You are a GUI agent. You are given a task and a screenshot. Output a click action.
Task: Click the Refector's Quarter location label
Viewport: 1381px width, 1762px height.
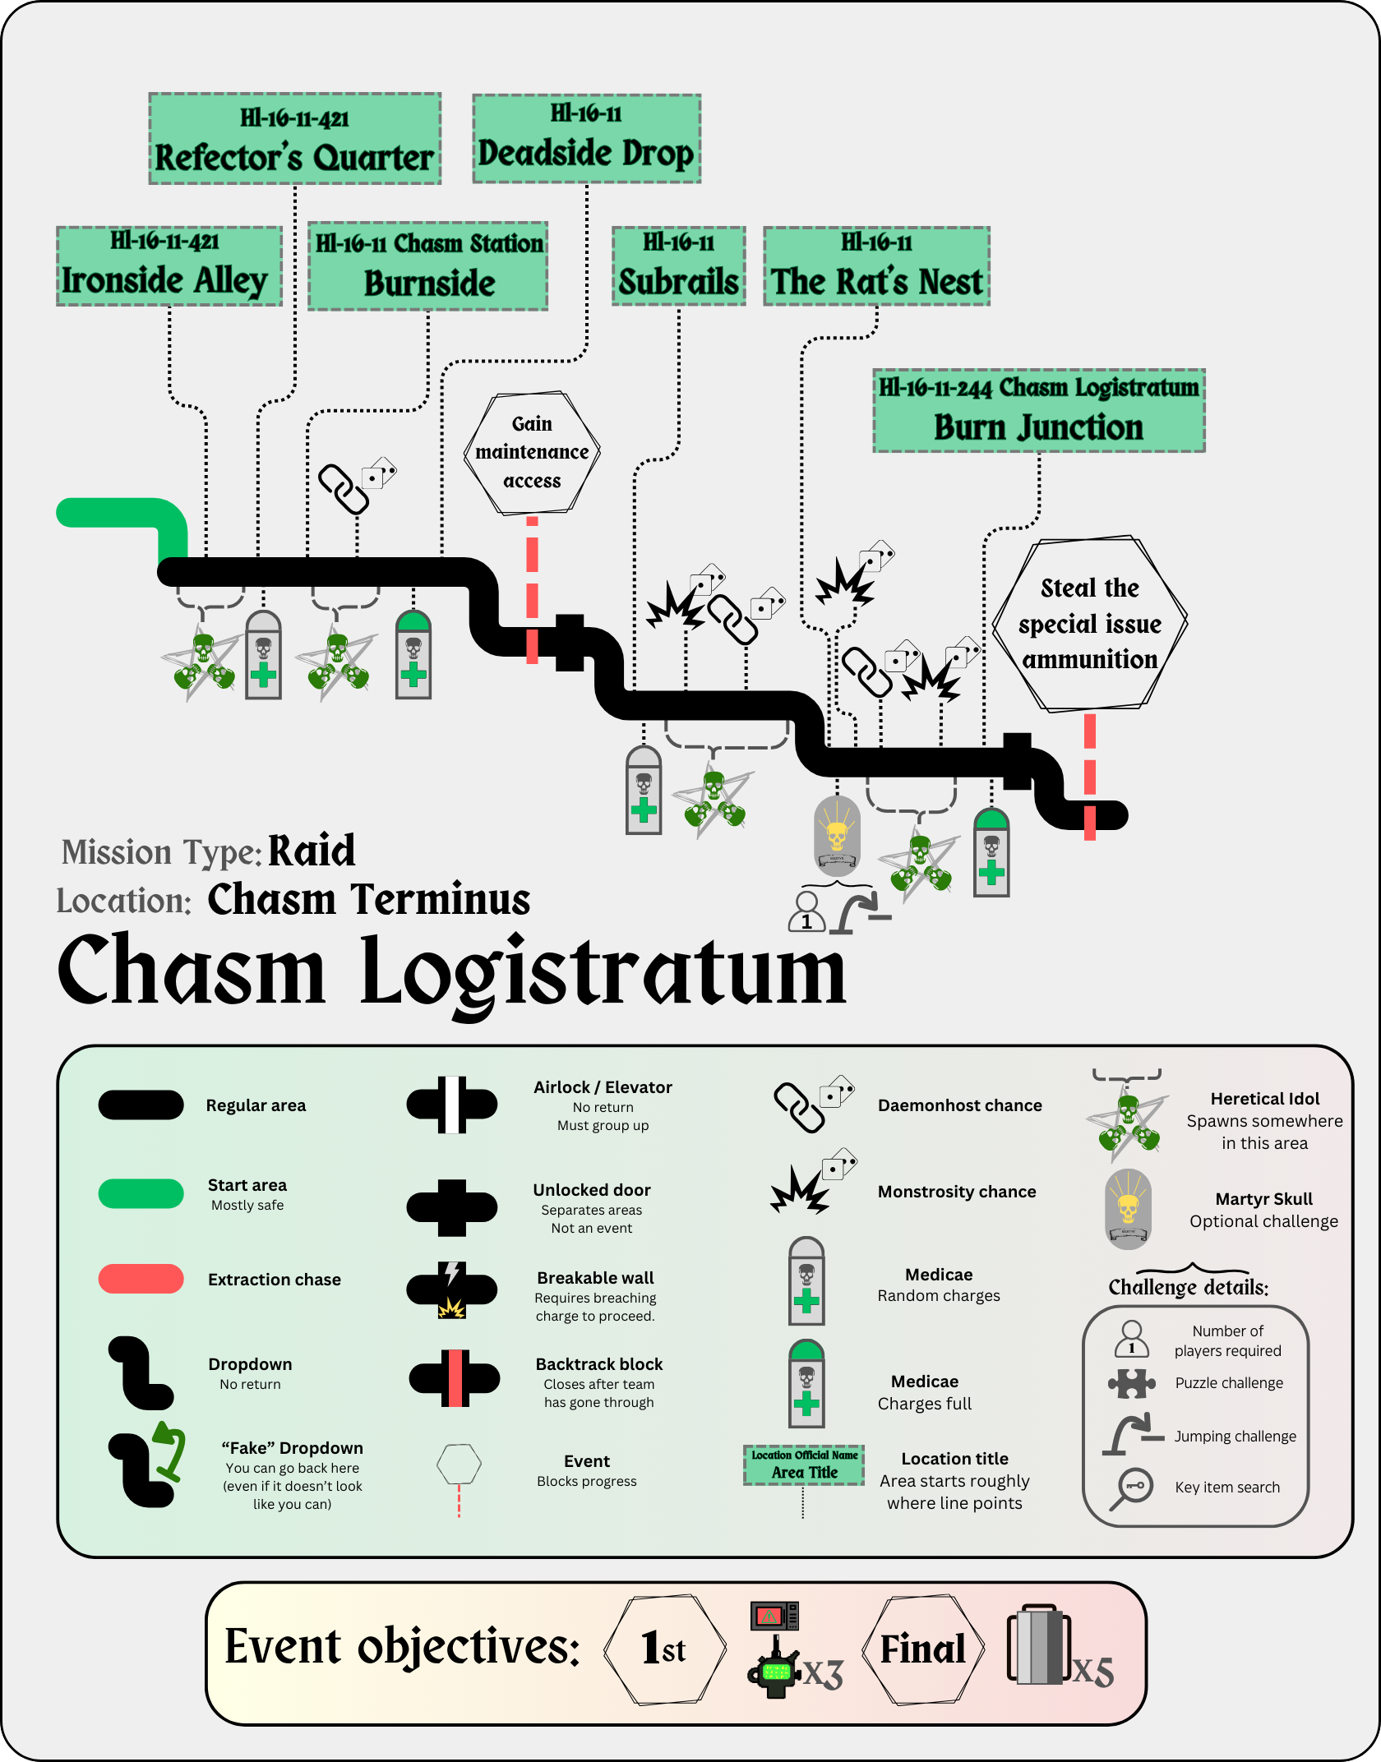point(294,139)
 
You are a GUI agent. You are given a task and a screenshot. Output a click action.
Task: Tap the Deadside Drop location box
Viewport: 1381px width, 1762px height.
point(586,138)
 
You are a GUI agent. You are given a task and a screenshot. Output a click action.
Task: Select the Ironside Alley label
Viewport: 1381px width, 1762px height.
point(169,266)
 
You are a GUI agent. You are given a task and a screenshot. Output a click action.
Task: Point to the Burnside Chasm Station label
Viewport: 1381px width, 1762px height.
point(428,266)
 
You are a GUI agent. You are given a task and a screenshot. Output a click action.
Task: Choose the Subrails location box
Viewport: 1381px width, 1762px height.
point(679,266)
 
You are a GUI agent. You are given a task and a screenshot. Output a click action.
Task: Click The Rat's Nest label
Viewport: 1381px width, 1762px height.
point(876,266)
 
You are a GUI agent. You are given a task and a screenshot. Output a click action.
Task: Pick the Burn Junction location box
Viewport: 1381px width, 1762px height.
point(1039,411)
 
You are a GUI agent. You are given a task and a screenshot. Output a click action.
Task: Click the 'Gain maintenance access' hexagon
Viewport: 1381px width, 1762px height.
point(532,453)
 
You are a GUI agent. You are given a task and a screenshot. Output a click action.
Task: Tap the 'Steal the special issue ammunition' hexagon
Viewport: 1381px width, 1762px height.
point(1089,624)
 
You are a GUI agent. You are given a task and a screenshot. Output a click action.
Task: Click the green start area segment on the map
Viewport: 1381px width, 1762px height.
point(123,514)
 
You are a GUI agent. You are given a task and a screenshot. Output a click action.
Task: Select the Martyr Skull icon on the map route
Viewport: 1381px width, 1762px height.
point(837,834)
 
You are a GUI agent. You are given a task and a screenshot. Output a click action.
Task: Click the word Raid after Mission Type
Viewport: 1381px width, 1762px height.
point(312,851)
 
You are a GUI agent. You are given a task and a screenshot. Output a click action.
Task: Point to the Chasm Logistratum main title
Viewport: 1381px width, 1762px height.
point(452,971)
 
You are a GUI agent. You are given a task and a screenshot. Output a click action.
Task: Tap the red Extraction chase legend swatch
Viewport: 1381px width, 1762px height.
point(141,1279)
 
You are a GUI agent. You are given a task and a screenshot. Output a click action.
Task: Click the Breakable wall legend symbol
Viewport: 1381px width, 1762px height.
point(452,1289)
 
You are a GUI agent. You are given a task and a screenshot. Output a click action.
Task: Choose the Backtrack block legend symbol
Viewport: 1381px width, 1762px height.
point(455,1378)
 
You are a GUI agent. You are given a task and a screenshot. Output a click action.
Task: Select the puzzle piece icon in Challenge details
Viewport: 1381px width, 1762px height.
point(1131,1383)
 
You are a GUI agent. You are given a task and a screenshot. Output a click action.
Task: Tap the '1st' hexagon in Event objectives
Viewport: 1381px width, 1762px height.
point(664,1649)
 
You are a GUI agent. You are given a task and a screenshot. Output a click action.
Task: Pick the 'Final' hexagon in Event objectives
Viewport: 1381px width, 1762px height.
point(922,1649)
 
